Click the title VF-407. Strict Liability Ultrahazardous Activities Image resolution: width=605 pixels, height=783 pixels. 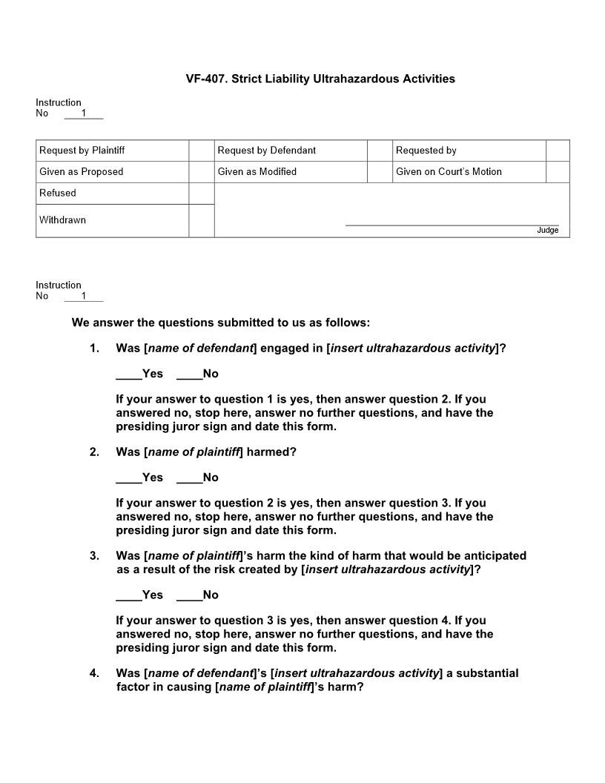point(320,79)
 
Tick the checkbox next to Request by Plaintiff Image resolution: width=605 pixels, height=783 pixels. point(201,151)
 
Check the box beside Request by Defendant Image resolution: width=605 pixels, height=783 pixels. point(380,151)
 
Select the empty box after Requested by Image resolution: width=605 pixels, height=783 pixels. point(558,151)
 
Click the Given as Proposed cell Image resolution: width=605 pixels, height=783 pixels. point(82,172)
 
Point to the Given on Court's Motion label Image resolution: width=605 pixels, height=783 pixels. point(449,172)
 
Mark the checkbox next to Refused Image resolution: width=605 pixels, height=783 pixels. point(201,194)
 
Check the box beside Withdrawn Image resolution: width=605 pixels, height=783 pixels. point(201,221)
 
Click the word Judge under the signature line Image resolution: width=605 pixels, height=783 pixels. point(548,231)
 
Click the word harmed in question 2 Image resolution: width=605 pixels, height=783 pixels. point(271,452)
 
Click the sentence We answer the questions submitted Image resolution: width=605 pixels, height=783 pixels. point(221,323)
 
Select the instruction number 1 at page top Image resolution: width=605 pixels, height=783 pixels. point(84,113)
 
